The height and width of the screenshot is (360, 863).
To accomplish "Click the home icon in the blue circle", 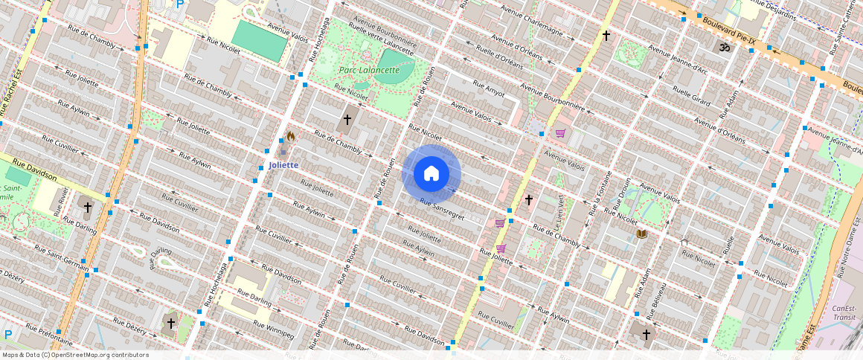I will point(431,174).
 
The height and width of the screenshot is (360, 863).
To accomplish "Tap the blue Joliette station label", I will point(283,165).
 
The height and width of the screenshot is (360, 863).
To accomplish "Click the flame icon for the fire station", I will point(290,137).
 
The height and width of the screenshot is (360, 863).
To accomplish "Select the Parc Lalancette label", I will point(369,70).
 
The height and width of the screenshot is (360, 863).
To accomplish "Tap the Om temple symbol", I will point(721,47).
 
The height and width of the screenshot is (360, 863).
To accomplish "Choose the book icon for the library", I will point(641,234).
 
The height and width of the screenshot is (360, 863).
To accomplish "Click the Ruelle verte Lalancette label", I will point(380,39).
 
